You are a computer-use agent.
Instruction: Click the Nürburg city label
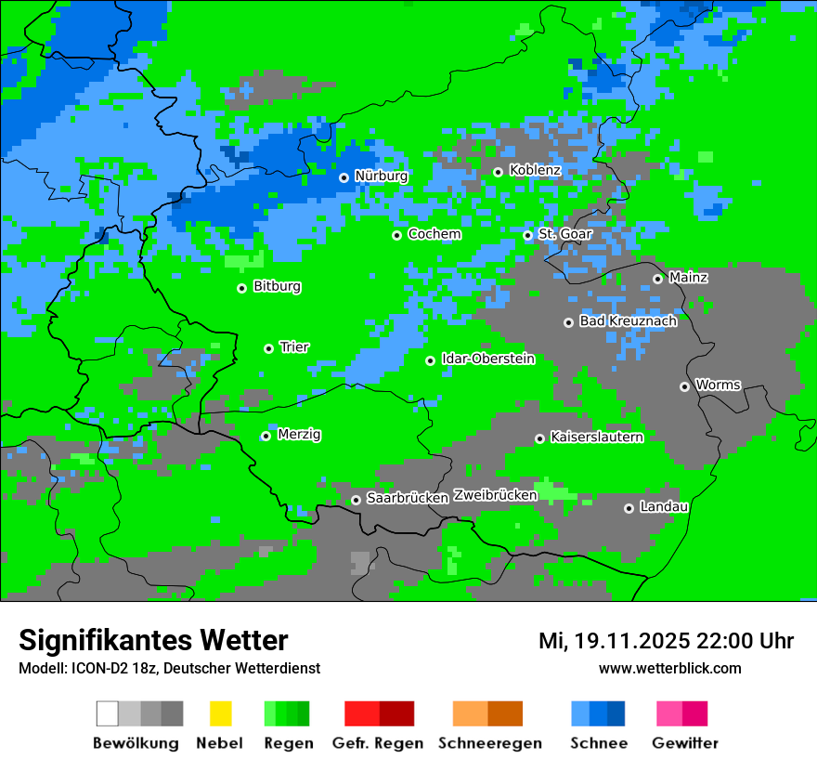pos(381,176)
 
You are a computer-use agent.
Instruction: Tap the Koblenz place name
pos(535,170)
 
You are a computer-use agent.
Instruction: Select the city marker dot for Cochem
pos(396,235)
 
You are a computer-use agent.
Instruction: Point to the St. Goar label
pos(564,234)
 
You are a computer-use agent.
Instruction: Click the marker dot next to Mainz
pos(657,279)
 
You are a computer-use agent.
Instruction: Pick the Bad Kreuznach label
pos(628,321)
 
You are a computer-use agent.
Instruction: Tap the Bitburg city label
pos(277,287)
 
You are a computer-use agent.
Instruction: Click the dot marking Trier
pos(268,348)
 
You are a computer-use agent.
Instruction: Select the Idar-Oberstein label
pos(487,359)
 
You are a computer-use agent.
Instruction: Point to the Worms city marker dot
pos(684,386)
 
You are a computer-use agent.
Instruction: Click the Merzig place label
pos(299,435)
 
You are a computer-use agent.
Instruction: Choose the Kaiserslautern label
pos(596,437)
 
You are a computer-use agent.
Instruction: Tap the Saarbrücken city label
pos(407,499)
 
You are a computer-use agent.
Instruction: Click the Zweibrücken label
pos(495,495)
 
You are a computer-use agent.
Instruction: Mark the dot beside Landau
pos(629,508)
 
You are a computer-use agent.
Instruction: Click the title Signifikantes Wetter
pos(153,640)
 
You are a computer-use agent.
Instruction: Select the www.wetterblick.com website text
pos(669,668)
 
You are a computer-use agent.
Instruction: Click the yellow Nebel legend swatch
pos(220,713)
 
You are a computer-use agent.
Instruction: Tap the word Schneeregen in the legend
pos(489,743)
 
